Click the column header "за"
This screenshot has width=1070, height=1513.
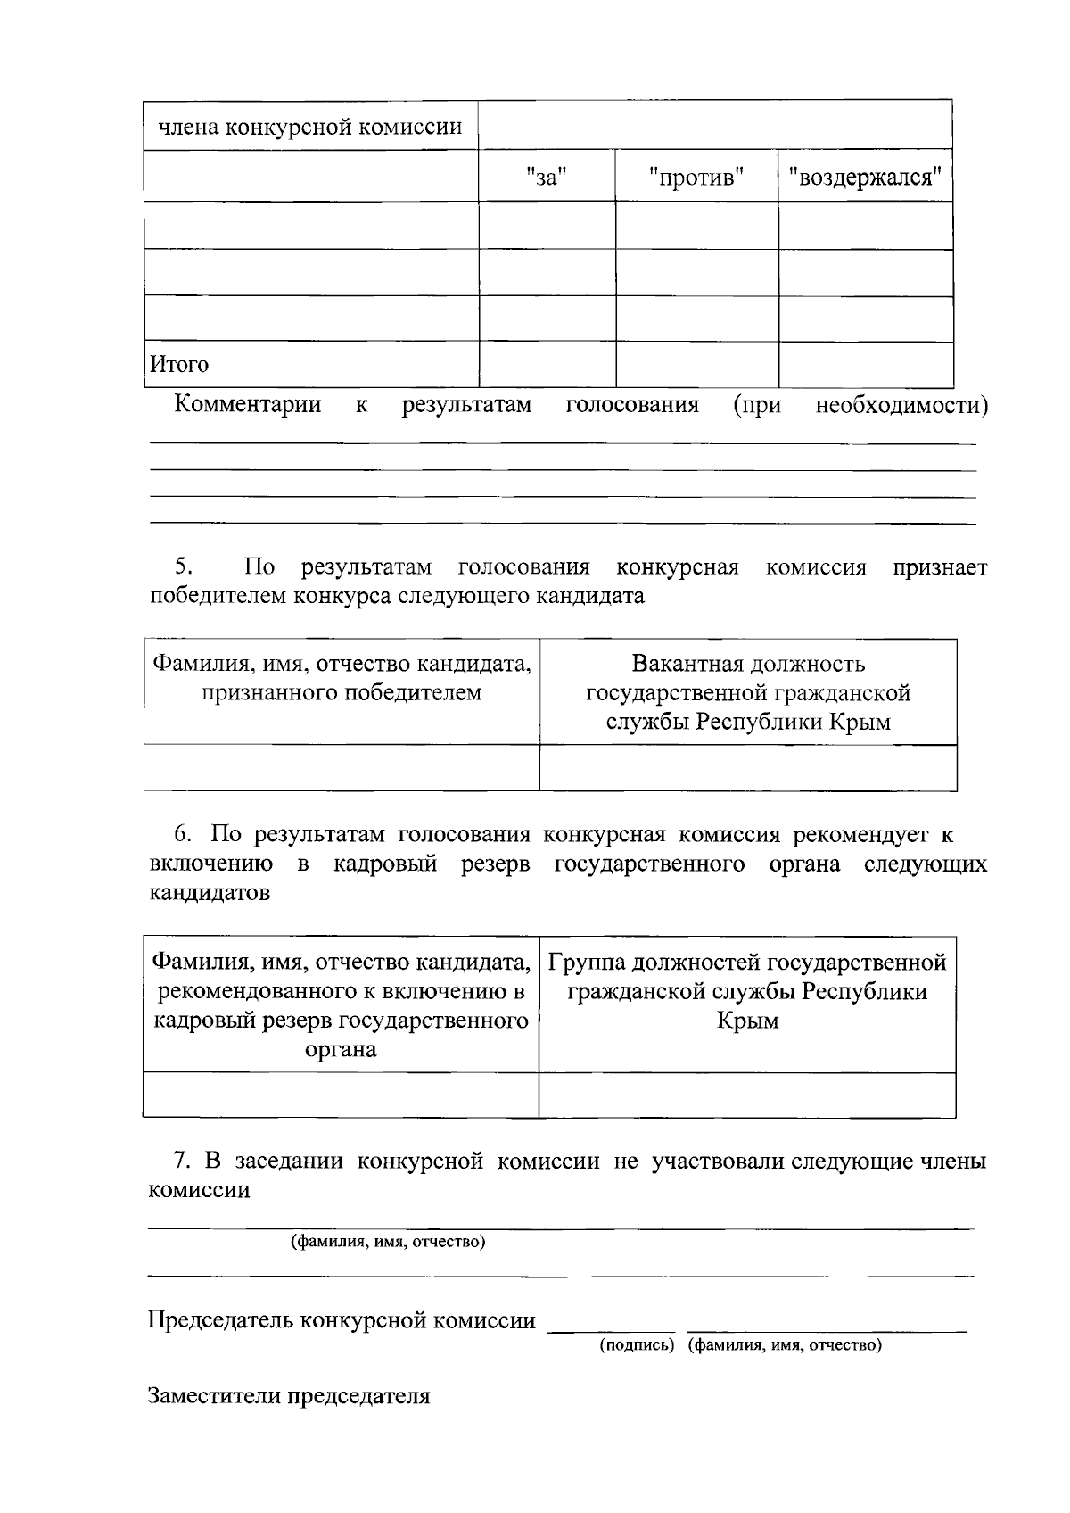tap(547, 178)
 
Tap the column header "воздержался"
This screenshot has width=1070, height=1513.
tap(865, 178)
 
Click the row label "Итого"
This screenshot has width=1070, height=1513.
tap(179, 365)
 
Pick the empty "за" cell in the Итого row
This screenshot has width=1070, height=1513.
tap(547, 365)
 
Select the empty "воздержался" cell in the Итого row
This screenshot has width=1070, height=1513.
tap(865, 365)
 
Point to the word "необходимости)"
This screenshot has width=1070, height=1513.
tap(901, 406)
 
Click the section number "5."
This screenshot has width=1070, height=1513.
tap(183, 567)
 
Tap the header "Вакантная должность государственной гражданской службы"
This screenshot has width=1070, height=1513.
tap(747, 692)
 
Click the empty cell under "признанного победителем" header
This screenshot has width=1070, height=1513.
tap(342, 767)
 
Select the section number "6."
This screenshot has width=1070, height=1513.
tap(183, 835)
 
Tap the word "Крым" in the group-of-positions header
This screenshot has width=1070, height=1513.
tap(747, 1021)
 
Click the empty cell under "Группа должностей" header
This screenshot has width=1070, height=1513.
tap(747, 1095)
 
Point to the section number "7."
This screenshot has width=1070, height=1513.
tap(183, 1162)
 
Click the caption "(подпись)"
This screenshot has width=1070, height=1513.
tap(635, 1345)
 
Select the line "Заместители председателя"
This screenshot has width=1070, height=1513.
tap(289, 1396)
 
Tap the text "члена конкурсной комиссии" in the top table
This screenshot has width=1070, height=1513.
tap(310, 127)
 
